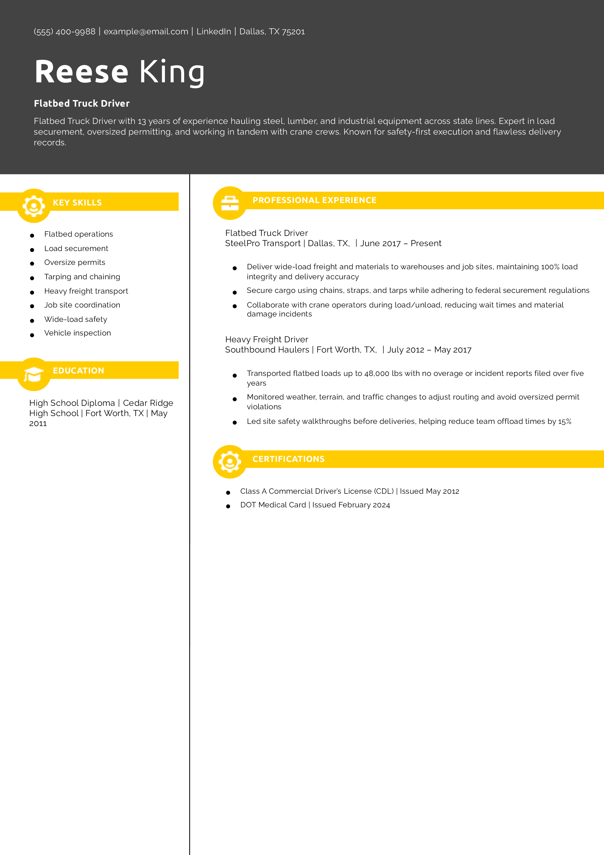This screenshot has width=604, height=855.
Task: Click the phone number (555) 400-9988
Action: [64, 32]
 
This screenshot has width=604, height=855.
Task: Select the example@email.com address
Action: [146, 32]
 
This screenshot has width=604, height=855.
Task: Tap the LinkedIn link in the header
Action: [214, 32]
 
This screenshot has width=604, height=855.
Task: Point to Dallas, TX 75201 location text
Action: [272, 32]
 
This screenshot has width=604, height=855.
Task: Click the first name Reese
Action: [81, 72]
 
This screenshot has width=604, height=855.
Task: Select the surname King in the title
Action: [172, 72]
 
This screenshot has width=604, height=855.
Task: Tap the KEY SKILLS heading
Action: [77, 203]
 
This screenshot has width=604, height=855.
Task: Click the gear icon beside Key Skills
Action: [34, 206]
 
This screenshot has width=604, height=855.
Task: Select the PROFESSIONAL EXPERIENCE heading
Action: [314, 200]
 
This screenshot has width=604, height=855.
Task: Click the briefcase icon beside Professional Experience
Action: [230, 203]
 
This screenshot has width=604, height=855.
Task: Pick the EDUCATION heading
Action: [78, 371]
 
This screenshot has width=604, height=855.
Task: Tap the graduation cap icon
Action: [34, 374]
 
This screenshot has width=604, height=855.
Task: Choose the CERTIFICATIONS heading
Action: [288, 459]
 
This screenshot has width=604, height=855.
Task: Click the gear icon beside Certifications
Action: [230, 462]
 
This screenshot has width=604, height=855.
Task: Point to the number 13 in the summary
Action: [142, 121]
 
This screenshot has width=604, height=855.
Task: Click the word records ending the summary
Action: [50, 143]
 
